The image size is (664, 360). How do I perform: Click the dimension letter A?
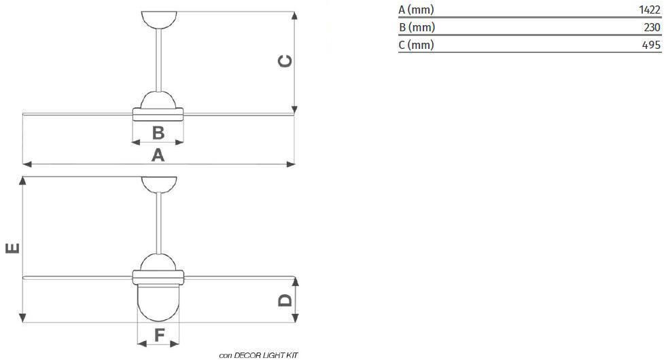tap(158, 155)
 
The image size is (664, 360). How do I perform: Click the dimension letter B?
tap(158, 132)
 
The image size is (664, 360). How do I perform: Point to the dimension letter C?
tap(285, 61)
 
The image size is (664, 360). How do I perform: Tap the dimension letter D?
tap(285, 300)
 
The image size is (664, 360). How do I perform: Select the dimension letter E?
tap(13, 248)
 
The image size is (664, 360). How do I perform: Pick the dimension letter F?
tap(159, 336)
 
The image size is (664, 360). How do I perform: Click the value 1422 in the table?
tap(650, 10)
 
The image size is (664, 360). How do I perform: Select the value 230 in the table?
tap(652, 27)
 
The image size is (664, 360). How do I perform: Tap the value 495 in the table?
tap(651, 45)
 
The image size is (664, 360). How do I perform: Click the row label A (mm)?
tap(416, 10)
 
